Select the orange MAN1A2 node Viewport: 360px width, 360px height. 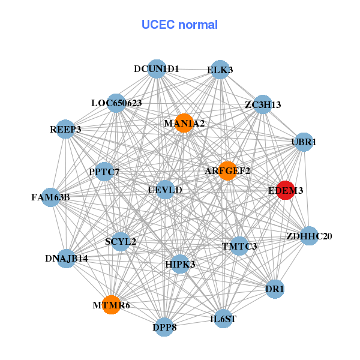pyautogui.click(x=184, y=123)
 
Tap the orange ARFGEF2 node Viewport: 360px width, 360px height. pyautogui.click(x=227, y=171)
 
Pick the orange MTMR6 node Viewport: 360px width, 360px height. pyautogui.click(x=111, y=305)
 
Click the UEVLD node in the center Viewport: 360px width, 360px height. pyautogui.click(x=164, y=190)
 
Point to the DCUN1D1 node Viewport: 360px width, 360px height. pyautogui.click(x=157, y=69)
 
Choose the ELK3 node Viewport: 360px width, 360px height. pyautogui.click(x=220, y=70)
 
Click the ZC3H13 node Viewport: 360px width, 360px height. pyautogui.click(x=262, y=105)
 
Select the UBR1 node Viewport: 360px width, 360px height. pyautogui.click(x=304, y=142)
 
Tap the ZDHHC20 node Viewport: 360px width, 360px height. pyautogui.click(x=309, y=236)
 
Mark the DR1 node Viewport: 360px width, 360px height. pyautogui.click(x=275, y=289)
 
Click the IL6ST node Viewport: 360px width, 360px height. pyautogui.click(x=223, y=318)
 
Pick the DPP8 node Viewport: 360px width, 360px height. pyautogui.click(x=164, y=328)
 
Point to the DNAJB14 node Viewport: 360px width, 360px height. pyautogui.click(x=67, y=259)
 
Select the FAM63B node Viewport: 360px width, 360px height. pyautogui.click(x=51, y=197)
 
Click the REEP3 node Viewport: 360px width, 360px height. pyautogui.click(x=65, y=129)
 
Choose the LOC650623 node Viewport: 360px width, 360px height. pyautogui.click(x=116, y=103)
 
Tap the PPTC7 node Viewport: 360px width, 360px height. pyautogui.click(x=104, y=172)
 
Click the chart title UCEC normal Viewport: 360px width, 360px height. pyautogui.click(x=179, y=25)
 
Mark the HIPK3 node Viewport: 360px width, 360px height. pyautogui.click(x=180, y=263)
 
